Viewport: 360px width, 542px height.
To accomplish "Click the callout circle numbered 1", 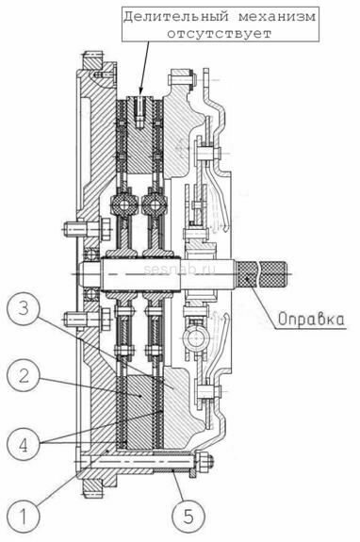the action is point(24,517).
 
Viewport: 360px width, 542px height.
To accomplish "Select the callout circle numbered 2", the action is point(24,375).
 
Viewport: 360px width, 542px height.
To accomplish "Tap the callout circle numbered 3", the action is point(24,308).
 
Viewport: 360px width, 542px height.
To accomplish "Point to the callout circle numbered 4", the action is point(24,444).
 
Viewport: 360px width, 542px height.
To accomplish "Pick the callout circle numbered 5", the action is point(188,517).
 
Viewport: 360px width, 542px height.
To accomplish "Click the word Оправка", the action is point(311,320).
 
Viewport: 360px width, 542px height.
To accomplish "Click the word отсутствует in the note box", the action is point(220,34).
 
